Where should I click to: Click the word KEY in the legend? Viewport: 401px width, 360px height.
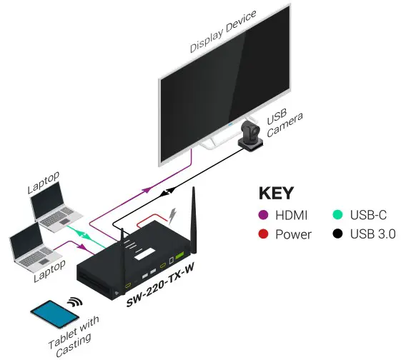click(x=276, y=194)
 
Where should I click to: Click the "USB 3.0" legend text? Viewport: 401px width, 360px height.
click(x=372, y=234)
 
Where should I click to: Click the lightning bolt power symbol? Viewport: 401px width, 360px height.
click(x=171, y=213)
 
